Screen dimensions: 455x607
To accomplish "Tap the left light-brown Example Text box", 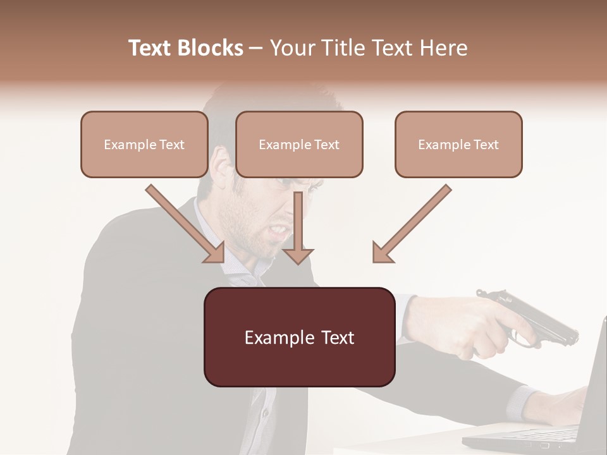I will (x=144, y=144).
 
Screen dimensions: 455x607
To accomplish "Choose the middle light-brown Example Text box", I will (x=299, y=144).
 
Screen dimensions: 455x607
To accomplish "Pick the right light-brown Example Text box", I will (x=458, y=144).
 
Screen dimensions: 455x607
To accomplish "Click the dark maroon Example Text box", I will (x=299, y=337).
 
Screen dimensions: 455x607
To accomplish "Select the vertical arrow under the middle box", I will (x=298, y=227).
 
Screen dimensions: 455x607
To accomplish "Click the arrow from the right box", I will (x=412, y=224).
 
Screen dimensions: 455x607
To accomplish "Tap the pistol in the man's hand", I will (x=531, y=316).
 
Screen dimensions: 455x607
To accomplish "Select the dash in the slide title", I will (x=256, y=48).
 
